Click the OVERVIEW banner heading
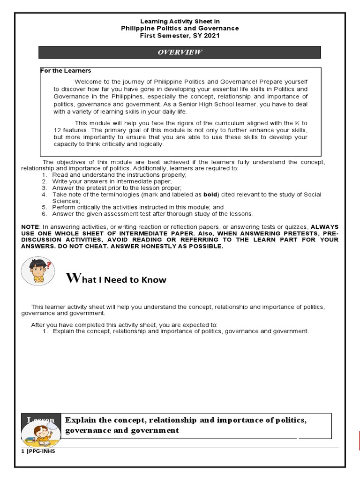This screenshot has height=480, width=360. click(x=180, y=52)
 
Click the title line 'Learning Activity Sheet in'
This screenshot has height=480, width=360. click(x=180, y=21)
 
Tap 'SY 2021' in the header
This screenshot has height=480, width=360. click(x=206, y=36)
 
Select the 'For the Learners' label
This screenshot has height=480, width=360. click(x=66, y=71)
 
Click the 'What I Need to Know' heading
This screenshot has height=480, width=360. click(x=116, y=279)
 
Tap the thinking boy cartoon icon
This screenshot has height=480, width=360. click(x=37, y=271)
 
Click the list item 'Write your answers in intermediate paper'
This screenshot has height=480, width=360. click(x=112, y=181)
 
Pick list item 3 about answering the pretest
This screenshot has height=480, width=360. click(x=116, y=187)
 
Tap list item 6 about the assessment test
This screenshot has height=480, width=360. click(x=152, y=214)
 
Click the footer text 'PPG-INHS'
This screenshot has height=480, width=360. click(x=41, y=451)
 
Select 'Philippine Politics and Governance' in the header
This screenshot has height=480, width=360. click(x=180, y=28)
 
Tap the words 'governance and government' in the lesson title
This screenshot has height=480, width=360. click(x=122, y=430)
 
